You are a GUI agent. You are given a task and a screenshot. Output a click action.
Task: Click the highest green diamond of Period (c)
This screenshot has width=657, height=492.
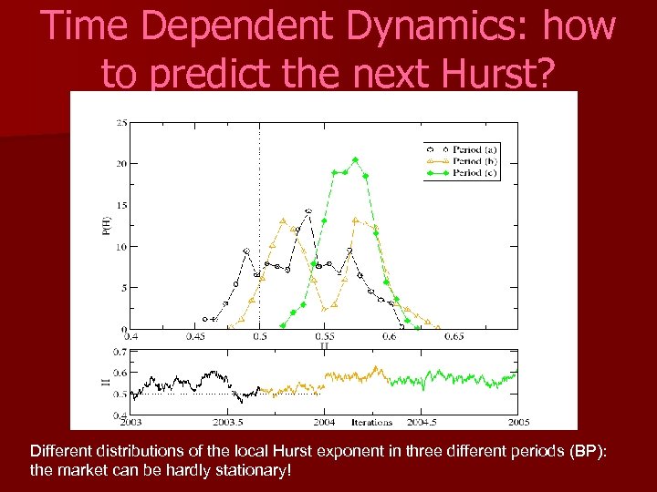point(356,160)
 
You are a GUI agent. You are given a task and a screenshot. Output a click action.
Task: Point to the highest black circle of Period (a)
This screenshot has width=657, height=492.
point(308,210)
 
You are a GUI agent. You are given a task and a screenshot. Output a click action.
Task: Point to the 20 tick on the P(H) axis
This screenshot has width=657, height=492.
point(120,164)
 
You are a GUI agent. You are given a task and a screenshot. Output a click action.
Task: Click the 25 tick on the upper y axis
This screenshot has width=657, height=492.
point(120,123)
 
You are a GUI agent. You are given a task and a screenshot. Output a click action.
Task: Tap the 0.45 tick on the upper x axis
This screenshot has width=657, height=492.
point(195,337)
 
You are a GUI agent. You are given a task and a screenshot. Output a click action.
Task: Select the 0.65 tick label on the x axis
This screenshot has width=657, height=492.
point(454,337)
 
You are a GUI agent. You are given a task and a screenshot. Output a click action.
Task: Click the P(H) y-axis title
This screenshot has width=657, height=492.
point(106,226)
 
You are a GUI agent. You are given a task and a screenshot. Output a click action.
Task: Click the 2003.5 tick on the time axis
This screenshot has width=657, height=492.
point(227,423)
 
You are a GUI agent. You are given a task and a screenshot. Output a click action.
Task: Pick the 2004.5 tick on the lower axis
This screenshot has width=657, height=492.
point(421,423)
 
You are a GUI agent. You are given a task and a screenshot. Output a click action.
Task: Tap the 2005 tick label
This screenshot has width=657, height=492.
point(518,423)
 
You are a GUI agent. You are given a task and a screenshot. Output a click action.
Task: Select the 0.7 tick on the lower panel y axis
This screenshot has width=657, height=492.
point(120,352)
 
